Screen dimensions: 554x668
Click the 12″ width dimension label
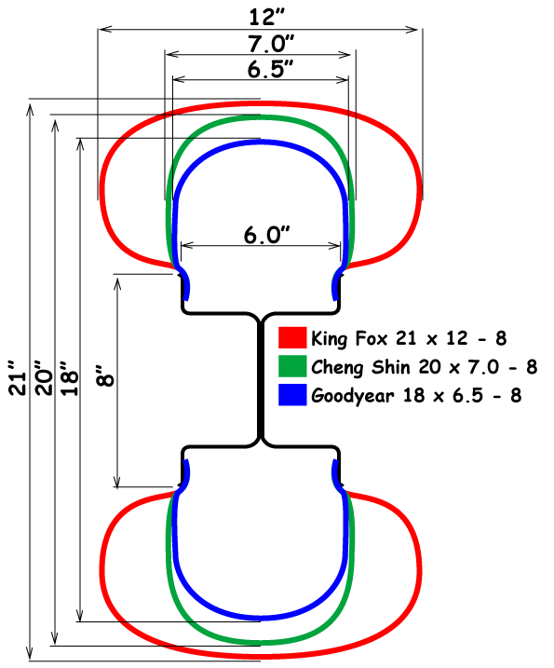pos(266,17)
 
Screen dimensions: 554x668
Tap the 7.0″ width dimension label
pos(271,44)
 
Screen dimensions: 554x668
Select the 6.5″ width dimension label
pos(270,69)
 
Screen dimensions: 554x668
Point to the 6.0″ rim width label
pos(266,235)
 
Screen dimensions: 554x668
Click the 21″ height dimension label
pos(19,378)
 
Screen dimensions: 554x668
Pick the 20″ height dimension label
pos(44,378)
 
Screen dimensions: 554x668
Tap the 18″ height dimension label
pos(70,378)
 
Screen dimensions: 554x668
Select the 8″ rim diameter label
pos(105,375)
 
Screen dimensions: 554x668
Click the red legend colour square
pos(292,337)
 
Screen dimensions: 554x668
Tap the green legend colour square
pos(292,366)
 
